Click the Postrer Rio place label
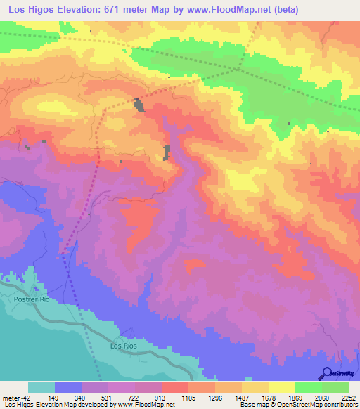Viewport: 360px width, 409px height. (32, 299)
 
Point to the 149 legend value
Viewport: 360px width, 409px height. (55, 398)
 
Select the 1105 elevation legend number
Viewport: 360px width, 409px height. (188, 398)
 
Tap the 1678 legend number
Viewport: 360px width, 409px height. (269, 398)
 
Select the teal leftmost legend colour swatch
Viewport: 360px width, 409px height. (41, 387)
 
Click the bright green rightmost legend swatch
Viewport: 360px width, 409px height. (335, 387)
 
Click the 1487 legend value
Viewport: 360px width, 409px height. (242, 398)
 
